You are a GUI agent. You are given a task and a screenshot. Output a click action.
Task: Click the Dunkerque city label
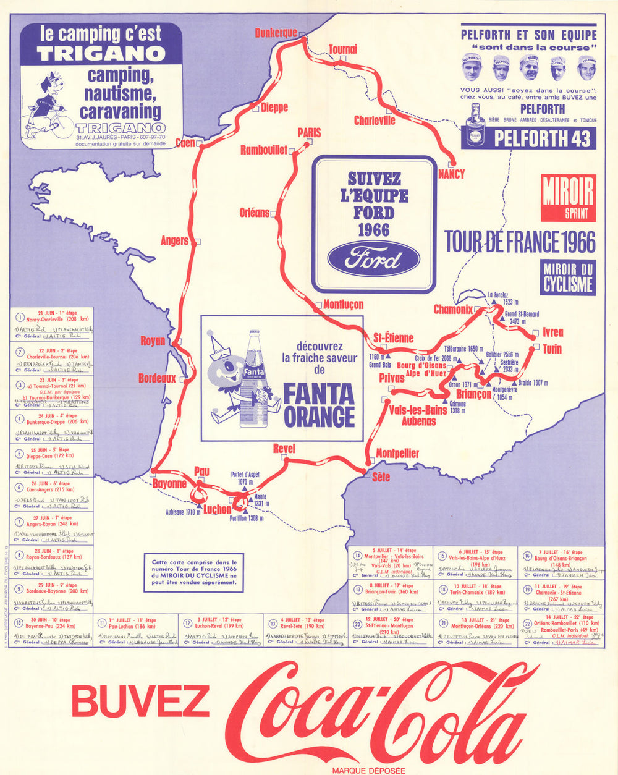[276, 33]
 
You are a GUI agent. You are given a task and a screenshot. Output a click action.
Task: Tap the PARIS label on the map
[309, 132]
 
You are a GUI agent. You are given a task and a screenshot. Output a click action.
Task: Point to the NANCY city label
[451, 174]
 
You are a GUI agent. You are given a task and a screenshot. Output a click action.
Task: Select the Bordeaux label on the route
[157, 378]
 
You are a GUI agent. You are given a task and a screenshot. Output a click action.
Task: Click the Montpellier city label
[397, 454]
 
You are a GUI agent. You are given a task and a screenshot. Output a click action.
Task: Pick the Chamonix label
[453, 309]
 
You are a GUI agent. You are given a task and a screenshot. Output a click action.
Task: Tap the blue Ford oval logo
[374, 258]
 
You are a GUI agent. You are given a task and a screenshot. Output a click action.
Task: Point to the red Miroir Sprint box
[568, 198]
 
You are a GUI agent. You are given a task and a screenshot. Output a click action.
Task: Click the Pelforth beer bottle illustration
[475, 125]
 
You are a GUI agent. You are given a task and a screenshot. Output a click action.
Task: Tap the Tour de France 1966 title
[520, 242]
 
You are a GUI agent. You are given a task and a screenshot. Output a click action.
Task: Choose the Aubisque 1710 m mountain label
[183, 512]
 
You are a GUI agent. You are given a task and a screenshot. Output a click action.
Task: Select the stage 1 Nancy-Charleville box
[52, 324]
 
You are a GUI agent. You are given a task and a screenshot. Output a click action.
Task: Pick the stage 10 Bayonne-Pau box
[52, 631]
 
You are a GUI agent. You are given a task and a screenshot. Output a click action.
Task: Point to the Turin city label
[552, 349]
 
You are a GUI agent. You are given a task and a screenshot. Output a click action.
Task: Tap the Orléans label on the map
[255, 213]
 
